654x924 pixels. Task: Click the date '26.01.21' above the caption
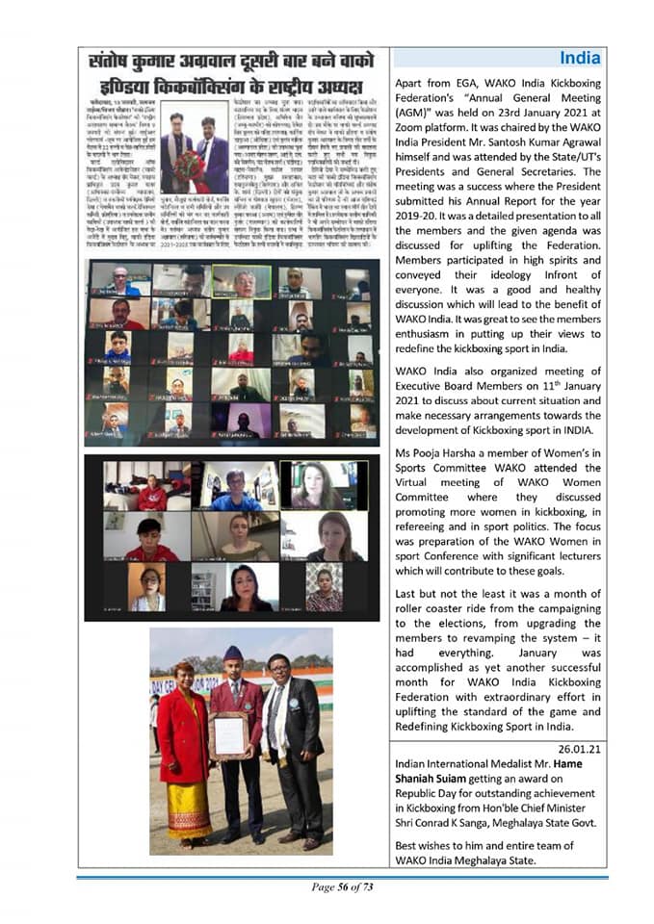(575, 747)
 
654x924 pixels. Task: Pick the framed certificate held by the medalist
(229, 734)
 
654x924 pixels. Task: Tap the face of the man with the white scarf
(280, 669)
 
